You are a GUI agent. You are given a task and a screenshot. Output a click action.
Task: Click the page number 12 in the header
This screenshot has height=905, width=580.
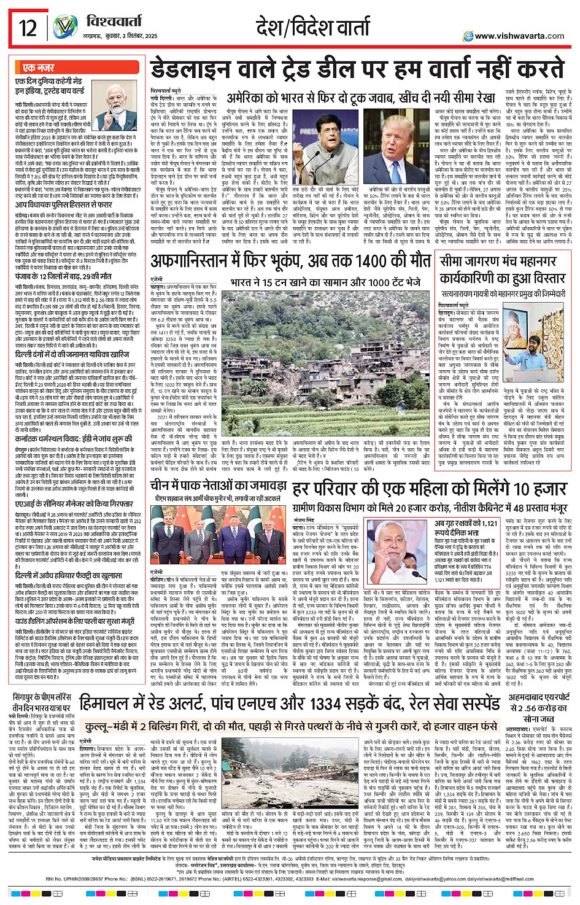[28, 28]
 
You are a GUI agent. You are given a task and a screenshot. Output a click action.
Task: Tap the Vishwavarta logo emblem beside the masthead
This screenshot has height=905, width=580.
[66, 28]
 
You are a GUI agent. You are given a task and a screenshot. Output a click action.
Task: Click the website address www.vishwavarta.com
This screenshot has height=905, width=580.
[519, 36]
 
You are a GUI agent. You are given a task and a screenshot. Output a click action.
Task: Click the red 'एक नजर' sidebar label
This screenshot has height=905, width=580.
[38, 68]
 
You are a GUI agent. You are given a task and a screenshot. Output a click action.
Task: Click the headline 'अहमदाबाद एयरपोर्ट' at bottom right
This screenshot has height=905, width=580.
[538, 697]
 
